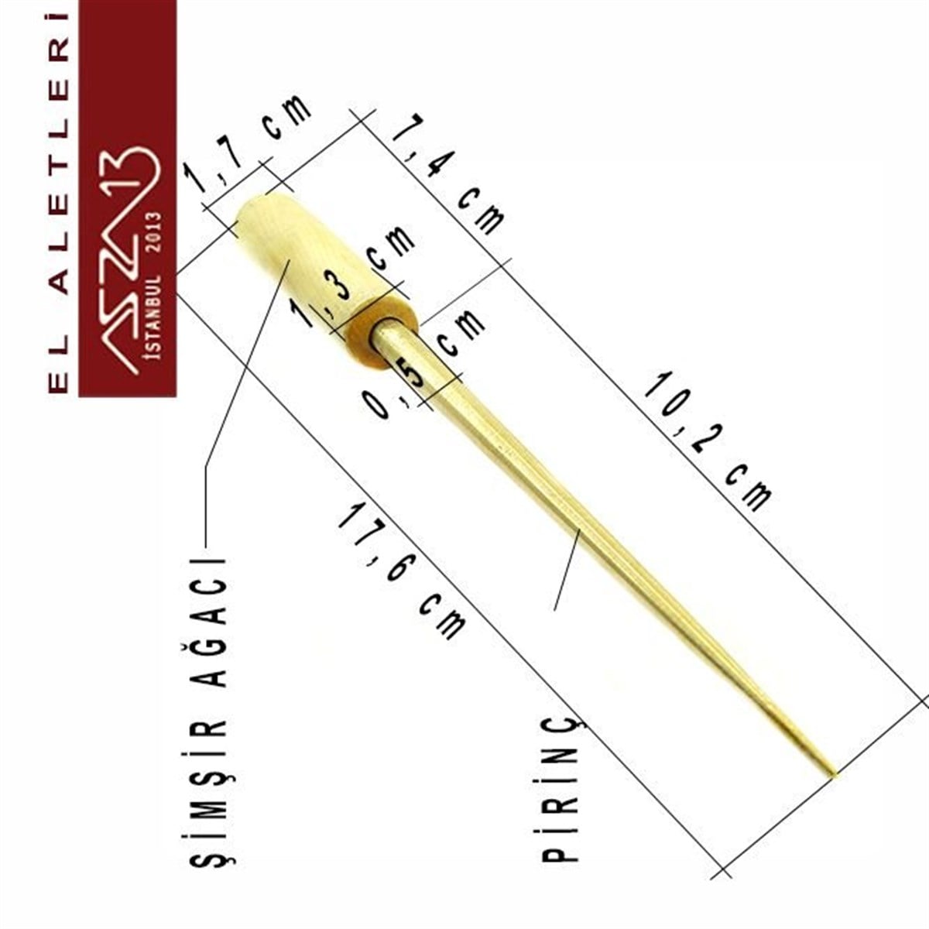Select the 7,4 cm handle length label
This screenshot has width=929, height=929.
(x=448, y=174)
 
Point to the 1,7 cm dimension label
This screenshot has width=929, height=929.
(x=248, y=145)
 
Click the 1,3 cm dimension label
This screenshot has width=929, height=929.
(x=352, y=277)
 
